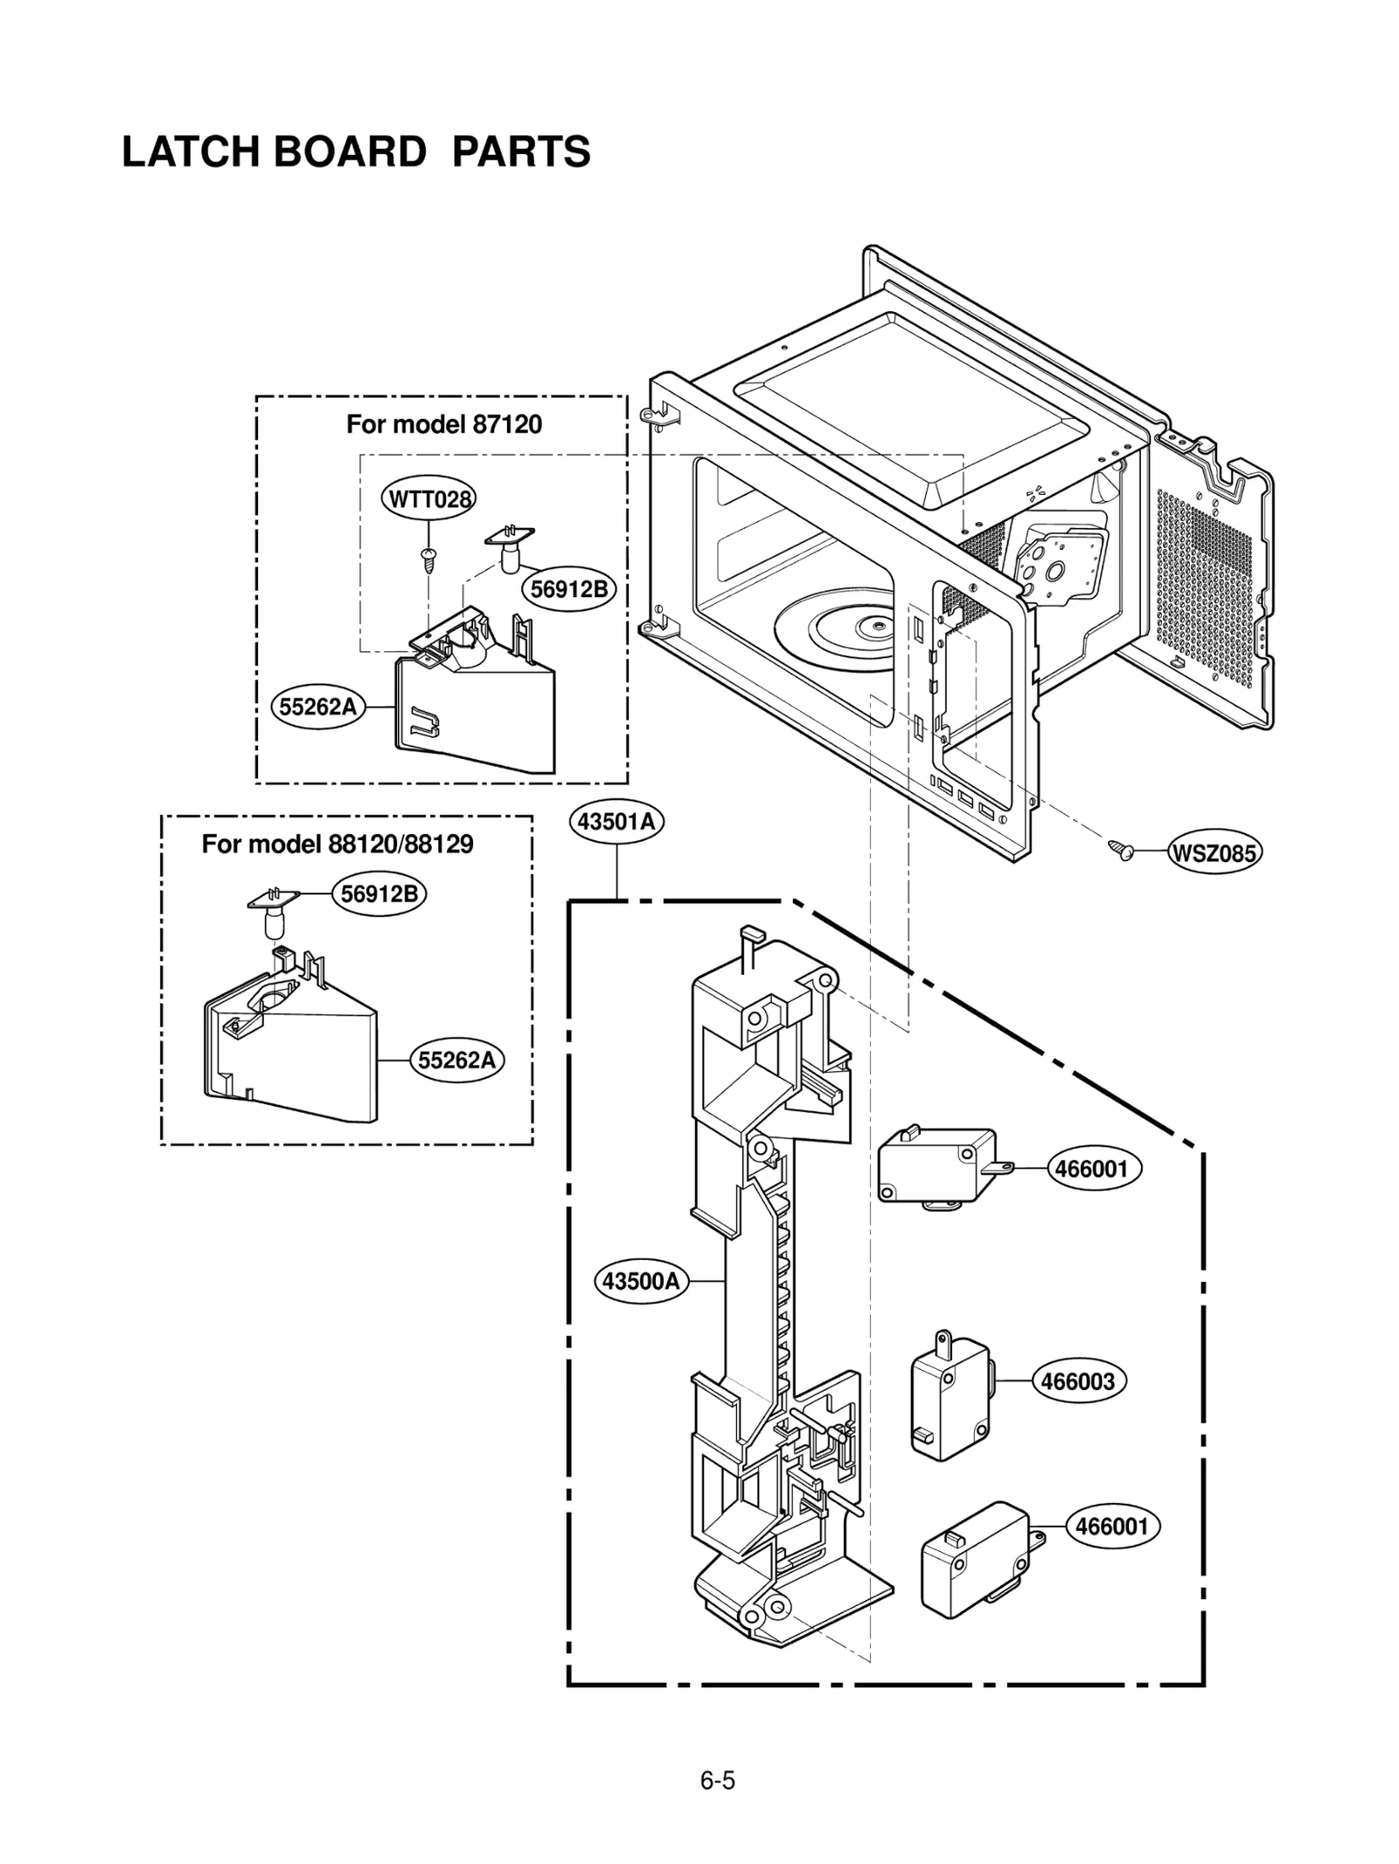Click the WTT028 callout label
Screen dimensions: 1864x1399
pyautogui.click(x=428, y=499)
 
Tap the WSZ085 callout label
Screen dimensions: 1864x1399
pyautogui.click(x=1214, y=852)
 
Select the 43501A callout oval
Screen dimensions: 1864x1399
pyautogui.click(x=616, y=822)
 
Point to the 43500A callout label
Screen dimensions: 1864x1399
pyautogui.click(x=641, y=1282)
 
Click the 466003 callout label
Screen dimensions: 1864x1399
pyautogui.click(x=1078, y=1381)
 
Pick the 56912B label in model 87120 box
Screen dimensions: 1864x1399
pyautogui.click(x=569, y=589)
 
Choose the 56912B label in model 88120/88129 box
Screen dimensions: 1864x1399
pyautogui.click(x=379, y=894)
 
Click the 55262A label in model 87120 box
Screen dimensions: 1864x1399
pyautogui.click(x=318, y=706)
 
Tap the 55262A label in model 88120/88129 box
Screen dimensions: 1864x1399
pyautogui.click(x=456, y=1061)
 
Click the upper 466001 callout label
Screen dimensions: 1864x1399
pyautogui.click(x=1092, y=1169)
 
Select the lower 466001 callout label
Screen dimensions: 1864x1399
pyautogui.click(x=1112, y=1527)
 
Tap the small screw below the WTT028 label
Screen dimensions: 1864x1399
pyautogui.click(x=428, y=559)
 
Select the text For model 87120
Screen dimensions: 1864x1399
pyautogui.click(x=443, y=425)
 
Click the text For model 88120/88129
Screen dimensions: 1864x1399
pyautogui.click(x=338, y=845)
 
